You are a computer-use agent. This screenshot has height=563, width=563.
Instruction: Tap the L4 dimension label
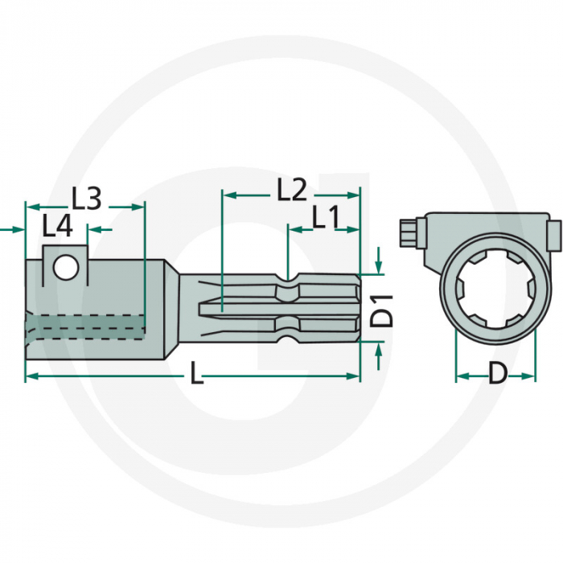(58, 227)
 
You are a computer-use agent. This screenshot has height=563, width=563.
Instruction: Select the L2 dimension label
(292, 191)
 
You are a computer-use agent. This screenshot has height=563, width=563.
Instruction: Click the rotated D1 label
(385, 310)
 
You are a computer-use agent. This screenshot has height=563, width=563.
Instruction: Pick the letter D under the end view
(499, 372)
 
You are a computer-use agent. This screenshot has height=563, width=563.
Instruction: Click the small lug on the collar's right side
(552, 236)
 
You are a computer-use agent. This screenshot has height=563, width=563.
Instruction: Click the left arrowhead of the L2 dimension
(228, 195)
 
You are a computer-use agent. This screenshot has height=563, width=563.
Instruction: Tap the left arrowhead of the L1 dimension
(294, 230)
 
